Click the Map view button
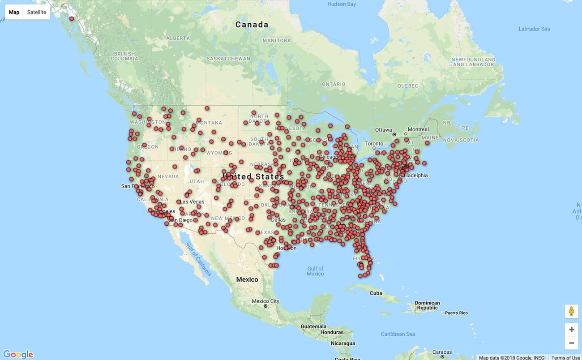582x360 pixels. pyautogui.click(x=14, y=12)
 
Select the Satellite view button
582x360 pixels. pyautogui.click(x=37, y=12)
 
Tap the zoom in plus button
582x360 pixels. pyautogui.click(x=571, y=330)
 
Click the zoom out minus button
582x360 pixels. pyautogui.click(x=571, y=343)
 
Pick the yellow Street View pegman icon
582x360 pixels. pyautogui.click(x=571, y=311)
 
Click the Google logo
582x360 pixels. pyautogui.click(x=18, y=354)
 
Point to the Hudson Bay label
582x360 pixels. pyautogui.click(x=342, y=4)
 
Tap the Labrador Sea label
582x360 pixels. pyautogui.click(x=534, y=29)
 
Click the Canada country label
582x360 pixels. pyautogui.click(x=252, y=25)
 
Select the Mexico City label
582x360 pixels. pyautogui.click(x=265, y=301)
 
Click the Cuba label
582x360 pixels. pyautogui.click(x=376, y=293)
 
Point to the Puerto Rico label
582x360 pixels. pyautogui.click(x=456, y=313)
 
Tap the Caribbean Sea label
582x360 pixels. pyautogui.click(x=398, y=334)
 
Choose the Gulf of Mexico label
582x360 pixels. pyautogui.click(x=315, y=271)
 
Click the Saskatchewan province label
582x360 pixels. pyautogui.click(x=228, y=59)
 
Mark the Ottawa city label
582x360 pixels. pyautogui.click(x=384, y=130)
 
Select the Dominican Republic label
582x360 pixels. pyautogui.click(x=427, y=305)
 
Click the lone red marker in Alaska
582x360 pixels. pyautogui.click(x=72, y=19)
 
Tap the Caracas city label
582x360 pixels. pyautogui.click(x=442, y=352)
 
